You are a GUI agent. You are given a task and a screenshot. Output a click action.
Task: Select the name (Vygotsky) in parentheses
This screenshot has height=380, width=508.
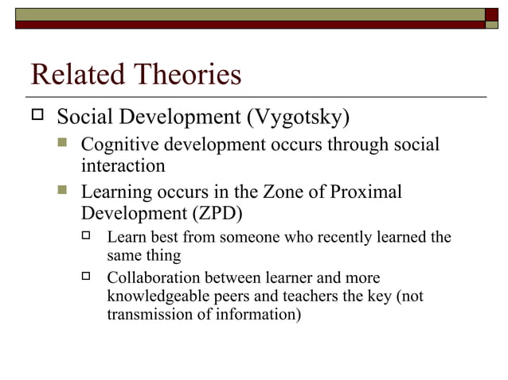(298, 118)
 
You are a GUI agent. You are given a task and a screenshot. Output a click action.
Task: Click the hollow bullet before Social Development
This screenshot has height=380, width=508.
(37, 117)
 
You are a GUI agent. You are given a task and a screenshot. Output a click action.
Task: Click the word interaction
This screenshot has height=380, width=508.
(123, 166)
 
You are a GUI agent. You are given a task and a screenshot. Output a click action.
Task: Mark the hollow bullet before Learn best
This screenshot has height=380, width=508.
(88, 236)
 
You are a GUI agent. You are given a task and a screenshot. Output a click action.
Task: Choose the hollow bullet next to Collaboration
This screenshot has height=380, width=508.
(88, 277)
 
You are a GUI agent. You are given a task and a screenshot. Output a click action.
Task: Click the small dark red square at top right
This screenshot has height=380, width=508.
(492, 14)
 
